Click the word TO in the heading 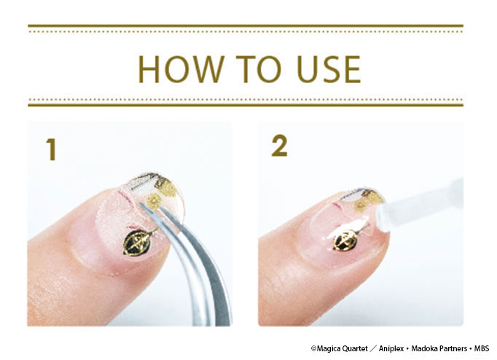(258, 69)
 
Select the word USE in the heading (329, 69)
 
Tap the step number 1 (51, 149)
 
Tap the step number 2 (280, 146)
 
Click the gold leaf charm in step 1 (137, 241)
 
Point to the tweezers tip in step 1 (141, 206)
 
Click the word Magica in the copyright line (326, 348)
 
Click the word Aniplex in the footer (391, 348)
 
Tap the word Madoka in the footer (424, 348)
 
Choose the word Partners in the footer (453, 348)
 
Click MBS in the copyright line (482, 348)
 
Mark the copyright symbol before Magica (313, 348)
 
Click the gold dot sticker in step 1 (154, 201)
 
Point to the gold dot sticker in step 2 (361, 206)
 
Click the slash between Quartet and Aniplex (373, 348)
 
